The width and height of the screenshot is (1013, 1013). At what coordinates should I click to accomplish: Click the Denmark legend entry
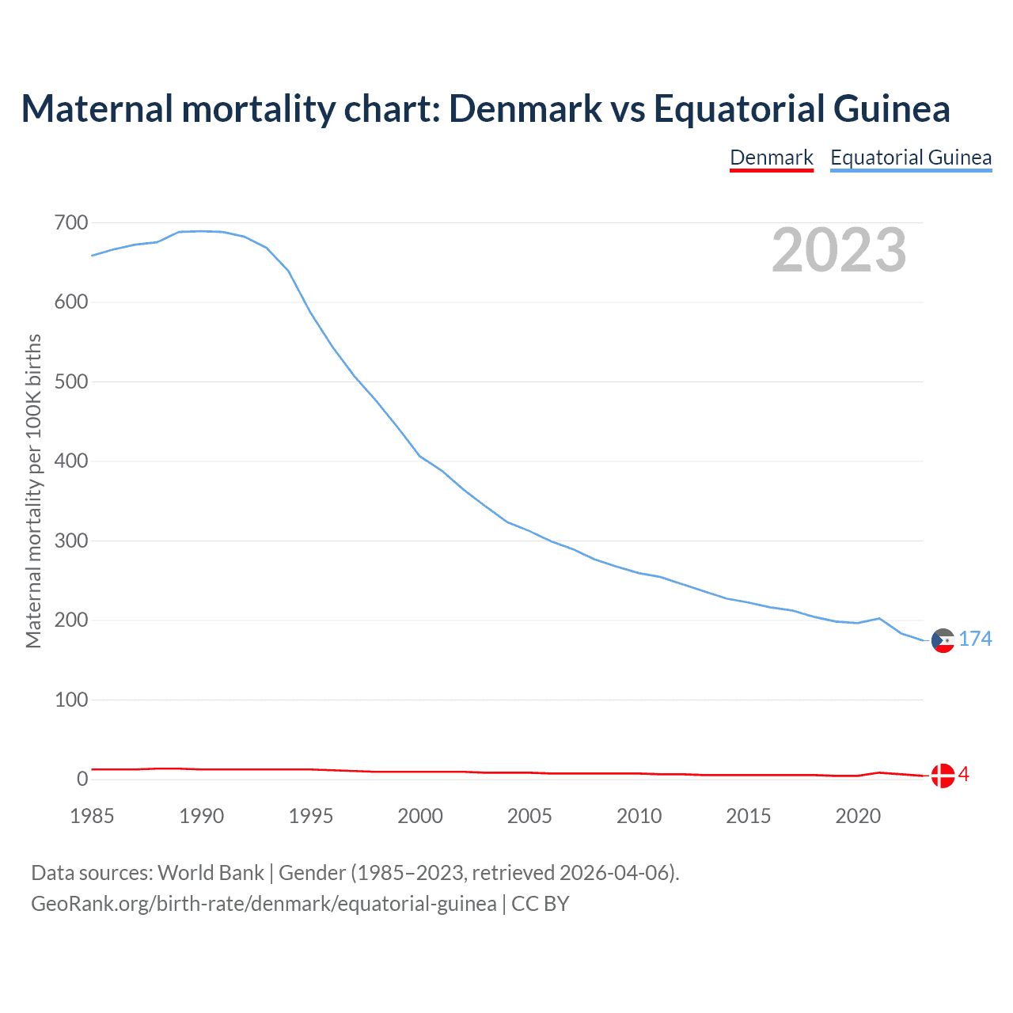(772, 157)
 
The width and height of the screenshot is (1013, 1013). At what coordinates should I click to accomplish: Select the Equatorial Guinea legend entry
(911, 157)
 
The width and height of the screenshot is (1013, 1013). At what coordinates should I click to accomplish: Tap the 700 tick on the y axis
(71, 222)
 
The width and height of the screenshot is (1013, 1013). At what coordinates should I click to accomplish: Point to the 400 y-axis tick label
(71, 461)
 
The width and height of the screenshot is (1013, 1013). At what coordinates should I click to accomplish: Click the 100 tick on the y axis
(71, 700)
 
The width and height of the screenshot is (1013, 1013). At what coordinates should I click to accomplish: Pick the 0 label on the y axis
(82, 779)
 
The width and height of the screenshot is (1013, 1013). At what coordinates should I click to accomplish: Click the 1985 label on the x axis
(92, 816)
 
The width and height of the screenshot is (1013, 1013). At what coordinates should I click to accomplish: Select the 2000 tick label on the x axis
(420, 816)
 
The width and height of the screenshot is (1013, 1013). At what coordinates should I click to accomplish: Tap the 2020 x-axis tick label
(858, 816)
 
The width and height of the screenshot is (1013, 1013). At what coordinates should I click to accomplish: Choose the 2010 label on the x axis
(639, 816)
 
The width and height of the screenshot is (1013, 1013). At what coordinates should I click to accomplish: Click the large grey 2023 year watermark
(839, 250)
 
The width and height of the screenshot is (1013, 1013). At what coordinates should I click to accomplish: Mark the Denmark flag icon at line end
(943, 776)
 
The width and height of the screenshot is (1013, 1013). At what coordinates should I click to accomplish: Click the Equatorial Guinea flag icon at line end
(943, 640)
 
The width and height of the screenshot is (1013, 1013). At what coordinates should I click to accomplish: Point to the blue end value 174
(975, 639)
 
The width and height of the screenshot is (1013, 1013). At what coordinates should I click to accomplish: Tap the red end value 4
(964, 774)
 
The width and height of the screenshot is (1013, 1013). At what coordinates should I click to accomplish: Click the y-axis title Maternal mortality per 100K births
(33, 491)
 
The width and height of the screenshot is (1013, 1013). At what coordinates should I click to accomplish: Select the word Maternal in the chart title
(97, 108)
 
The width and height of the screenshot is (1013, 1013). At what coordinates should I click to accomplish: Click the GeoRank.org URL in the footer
(264, 903)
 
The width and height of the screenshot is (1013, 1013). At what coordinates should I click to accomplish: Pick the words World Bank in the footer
(211, 872)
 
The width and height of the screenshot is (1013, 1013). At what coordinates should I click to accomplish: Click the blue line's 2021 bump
(878, 618)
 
